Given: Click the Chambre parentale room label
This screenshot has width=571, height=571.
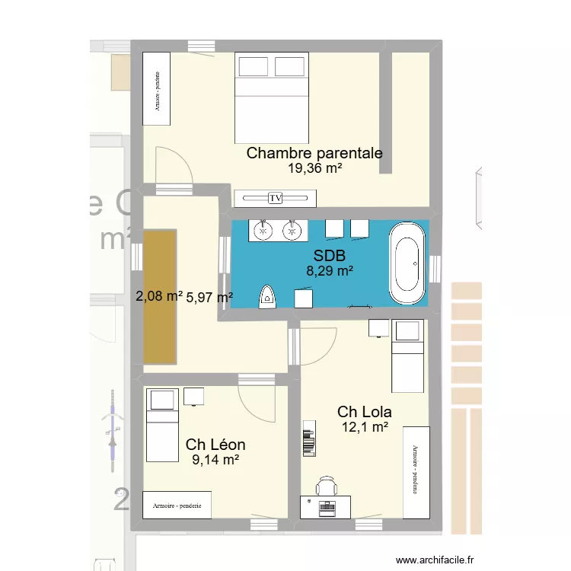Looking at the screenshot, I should point(314,153).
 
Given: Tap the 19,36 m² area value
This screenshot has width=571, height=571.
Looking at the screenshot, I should point(314,170).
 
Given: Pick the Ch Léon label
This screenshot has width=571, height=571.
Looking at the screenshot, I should point(215,444).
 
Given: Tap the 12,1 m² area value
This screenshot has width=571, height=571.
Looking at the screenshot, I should point(365,429).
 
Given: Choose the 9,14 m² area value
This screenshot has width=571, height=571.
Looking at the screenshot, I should point(215,460).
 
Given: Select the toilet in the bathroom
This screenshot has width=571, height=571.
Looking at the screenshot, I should point(267,296).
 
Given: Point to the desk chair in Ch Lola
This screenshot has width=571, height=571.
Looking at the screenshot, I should point(327,487).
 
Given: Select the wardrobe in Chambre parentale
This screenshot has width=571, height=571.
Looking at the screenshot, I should point(157,88).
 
